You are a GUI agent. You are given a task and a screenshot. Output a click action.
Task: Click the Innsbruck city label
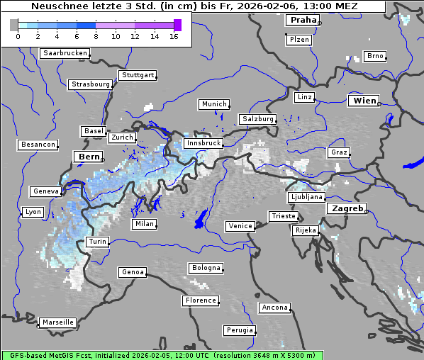(x=202, y=143)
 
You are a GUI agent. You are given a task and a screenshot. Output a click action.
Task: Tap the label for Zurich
(x=121, y=137)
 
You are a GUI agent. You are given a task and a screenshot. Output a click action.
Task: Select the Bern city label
(x=89, y=157)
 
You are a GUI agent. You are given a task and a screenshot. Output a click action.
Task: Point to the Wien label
(x=364, y=101)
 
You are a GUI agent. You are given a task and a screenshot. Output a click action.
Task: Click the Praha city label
(x=303, y=20)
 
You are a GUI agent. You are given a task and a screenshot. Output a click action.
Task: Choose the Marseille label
(x=57, y=322)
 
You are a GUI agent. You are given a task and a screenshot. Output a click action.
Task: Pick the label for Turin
(x=97, y=242)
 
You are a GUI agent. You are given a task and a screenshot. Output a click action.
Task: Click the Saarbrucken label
(x=65, y=53)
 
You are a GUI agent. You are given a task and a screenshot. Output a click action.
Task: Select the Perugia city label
(x=239, y=330)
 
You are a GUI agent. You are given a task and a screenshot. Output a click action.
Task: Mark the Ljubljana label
(x=306, y=197)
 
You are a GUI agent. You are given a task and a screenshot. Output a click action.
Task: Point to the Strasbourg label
(x=90, y=84)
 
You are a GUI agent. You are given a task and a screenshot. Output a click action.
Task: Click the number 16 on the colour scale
(x=174, y=36)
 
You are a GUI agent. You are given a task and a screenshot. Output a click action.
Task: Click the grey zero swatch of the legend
(x=13, y=25)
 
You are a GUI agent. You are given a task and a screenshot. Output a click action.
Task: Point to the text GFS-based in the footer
(x=26, y=355)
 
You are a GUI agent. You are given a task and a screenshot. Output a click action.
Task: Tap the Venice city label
(x=240, y=226)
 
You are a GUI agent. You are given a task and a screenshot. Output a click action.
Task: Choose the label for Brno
(x=374, y=56)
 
